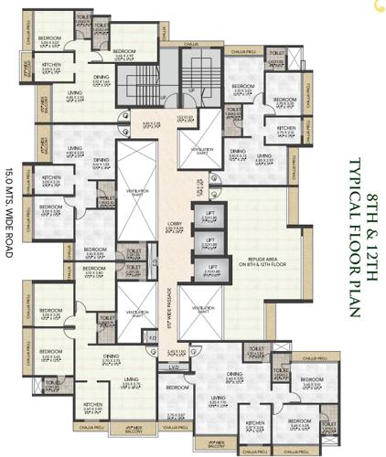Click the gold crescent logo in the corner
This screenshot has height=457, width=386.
coord(378,6)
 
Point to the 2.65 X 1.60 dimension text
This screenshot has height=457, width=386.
coord(201,351)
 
